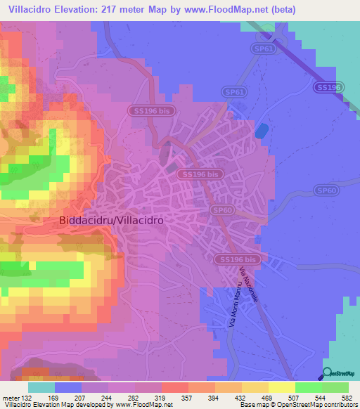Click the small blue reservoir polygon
click(262, 131)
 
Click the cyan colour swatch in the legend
click(41, 387)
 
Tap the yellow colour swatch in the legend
click(282, 387)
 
